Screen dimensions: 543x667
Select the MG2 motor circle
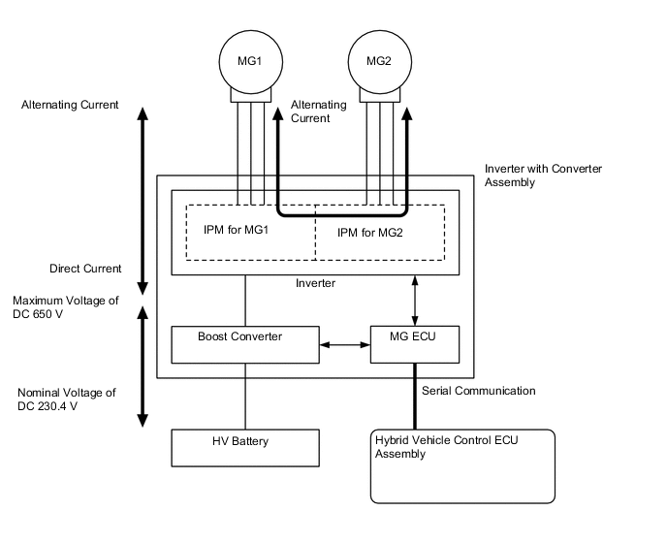click(x=379, y=60)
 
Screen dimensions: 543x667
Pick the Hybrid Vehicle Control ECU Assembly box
click(x=462, y=466)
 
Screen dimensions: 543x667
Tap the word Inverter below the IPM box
click(x=316, y=284)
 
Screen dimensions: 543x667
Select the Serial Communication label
click(x=478, y=391)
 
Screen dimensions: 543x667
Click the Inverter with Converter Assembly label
click(x=543, y=175)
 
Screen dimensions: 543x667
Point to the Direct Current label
click(x=85, y=269)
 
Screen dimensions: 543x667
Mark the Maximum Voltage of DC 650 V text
click(x=67, y=307)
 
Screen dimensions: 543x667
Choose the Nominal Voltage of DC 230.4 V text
click(x=66, y=399)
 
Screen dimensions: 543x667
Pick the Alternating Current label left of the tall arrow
click(x=70, y=105)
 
